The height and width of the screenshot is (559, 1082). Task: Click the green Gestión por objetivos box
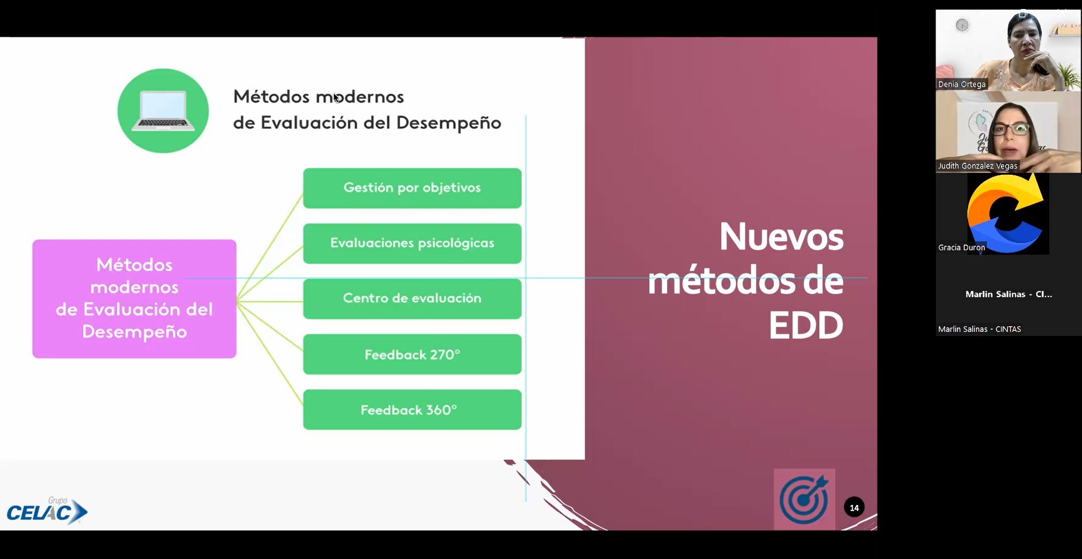[412, 188]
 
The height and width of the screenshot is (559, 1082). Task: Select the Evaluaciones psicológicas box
[412, 243]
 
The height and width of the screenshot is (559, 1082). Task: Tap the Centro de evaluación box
[412, 299]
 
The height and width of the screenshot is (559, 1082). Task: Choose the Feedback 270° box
[412, 354]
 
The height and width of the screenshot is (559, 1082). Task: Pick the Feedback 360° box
[412, 410]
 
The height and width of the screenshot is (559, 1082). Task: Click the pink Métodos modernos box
[134, 299]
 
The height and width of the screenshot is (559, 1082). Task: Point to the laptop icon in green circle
[163, 111]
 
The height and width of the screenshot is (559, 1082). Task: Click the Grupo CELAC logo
[47, 511]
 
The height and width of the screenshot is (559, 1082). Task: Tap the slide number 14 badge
[854, 508]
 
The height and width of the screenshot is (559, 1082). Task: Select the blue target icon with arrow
[804, 499]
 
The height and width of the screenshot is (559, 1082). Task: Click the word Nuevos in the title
[781, 237]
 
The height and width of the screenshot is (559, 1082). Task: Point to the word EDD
[806, 326]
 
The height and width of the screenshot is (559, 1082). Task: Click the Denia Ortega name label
[962, 85]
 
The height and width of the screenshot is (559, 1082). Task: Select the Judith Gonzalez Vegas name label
[978, 166]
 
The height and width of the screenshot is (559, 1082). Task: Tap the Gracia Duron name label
[961, 247]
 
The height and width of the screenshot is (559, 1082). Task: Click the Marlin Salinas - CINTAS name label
[979, 329]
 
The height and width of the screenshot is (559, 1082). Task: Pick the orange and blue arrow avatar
[1006, 214]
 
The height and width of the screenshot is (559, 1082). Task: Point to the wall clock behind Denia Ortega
[963, 25]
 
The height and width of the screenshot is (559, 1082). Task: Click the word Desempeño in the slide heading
[449, 123]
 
